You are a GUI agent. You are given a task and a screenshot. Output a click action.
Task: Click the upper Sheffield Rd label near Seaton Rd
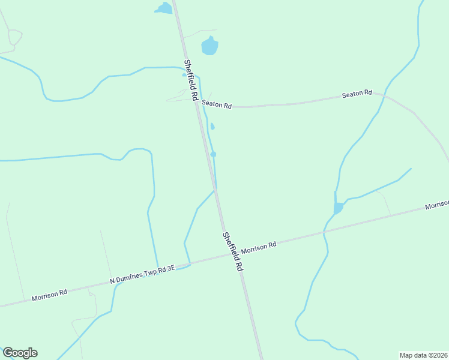(x=191, y=80)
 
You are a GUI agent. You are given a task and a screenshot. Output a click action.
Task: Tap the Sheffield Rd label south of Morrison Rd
(x=232, y=252)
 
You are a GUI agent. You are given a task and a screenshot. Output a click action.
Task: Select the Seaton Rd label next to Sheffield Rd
(x=217, y=104)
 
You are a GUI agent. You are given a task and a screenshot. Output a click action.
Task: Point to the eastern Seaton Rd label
(x=357, y=94)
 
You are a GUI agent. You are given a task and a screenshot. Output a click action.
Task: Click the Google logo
(x=20, y=353)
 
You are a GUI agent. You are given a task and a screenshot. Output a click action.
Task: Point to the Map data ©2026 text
(x=423, y=355)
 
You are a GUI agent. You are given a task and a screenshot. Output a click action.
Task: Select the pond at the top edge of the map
(x=163, y=8)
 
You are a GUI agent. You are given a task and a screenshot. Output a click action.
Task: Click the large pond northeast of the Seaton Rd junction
(x=209, y=46)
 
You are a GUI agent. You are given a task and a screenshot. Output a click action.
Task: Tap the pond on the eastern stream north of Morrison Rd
(x=338, y=208)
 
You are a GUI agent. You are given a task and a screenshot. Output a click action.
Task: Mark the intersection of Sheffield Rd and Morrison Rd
(x=229, y=253)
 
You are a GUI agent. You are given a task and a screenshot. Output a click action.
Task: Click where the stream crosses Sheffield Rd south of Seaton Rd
(x=214, y=189)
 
